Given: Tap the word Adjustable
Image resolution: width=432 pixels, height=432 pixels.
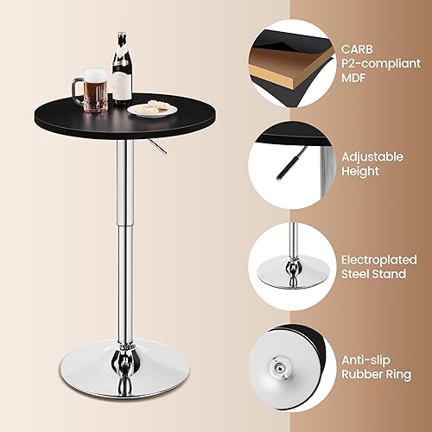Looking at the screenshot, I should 372,156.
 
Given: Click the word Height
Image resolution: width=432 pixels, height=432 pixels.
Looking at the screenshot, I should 360,171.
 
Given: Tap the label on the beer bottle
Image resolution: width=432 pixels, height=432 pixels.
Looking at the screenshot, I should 122,83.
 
